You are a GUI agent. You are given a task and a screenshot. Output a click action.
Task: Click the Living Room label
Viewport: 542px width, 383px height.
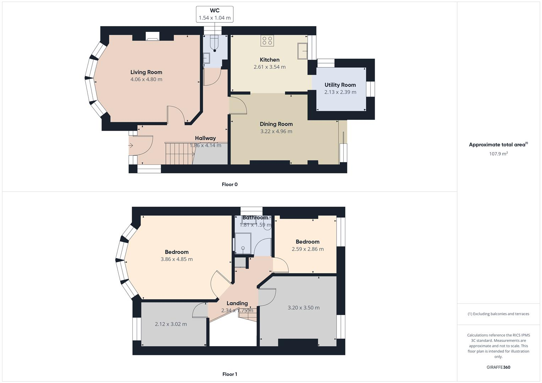(x=146, y=72)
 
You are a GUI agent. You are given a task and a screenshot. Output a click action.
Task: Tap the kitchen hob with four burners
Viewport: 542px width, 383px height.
(x=267, y=41)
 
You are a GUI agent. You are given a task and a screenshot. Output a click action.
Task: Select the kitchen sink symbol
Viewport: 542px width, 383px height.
(x=302, y=51)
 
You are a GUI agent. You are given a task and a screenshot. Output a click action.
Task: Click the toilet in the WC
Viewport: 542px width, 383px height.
(x=214, y=44)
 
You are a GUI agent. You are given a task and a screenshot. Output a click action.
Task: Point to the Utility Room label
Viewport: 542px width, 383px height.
(x=340, y=85)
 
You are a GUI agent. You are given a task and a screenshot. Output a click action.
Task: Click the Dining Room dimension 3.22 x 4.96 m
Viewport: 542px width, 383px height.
(x=276, y=131)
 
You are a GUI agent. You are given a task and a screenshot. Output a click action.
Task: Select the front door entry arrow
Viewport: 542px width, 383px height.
(x=131, y=145)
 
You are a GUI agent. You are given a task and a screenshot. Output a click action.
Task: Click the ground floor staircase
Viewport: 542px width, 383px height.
(x=179, y=153)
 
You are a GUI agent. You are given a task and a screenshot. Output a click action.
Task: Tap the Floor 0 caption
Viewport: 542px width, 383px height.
(x=230, y=184)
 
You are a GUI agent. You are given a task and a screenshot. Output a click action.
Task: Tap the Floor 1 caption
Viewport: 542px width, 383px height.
(x=230, y=374)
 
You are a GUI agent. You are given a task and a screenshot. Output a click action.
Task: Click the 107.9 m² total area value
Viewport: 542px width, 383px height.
(x=498, y=154)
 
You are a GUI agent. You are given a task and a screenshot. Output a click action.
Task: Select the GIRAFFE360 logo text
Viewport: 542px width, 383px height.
(x=498, y=367)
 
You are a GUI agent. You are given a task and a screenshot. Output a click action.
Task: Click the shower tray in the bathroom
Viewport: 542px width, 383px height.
(x=243, y=244)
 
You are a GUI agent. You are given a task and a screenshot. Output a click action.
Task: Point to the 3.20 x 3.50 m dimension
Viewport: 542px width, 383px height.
(x=303, y=308)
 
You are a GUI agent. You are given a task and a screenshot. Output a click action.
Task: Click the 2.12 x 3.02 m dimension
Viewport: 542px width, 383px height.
(x=171, y=324)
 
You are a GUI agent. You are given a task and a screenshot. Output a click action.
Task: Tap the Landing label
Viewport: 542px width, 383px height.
(x=237, y=303)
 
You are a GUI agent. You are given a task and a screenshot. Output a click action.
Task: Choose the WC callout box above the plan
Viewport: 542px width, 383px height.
(x=214, y=14)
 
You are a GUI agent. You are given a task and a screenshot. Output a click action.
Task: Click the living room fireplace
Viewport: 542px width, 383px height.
(x=153, y=36)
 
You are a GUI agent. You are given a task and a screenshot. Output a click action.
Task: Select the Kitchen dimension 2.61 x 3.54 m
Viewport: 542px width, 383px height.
(x=269, y=67)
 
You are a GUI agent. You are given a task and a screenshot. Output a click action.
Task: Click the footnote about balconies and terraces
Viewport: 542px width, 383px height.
(x=498, y=314)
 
